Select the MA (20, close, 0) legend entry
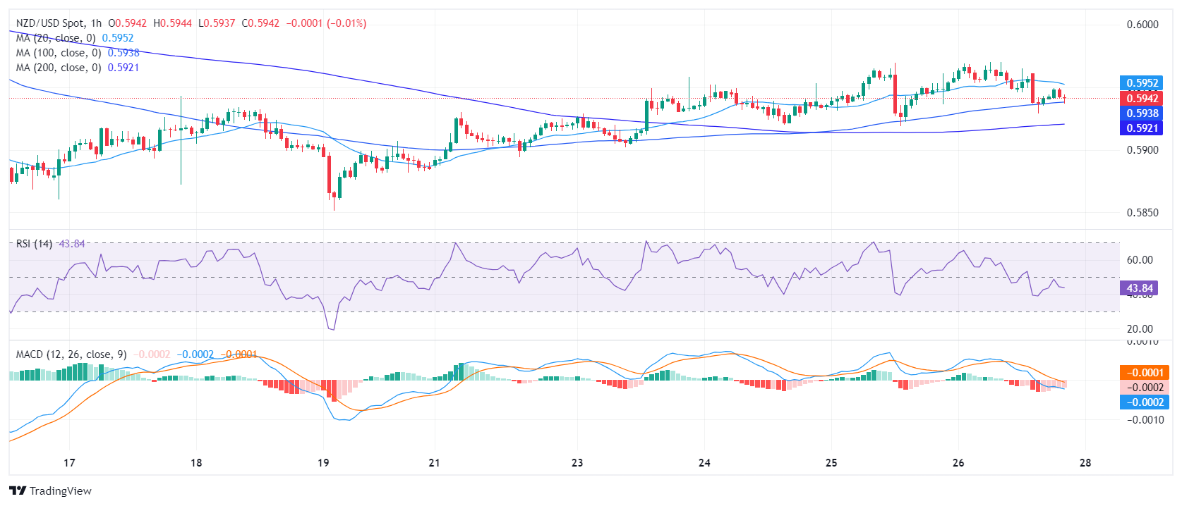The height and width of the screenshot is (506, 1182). (x=55, y=38)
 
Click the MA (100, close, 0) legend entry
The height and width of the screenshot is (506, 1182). (x=58, y=53)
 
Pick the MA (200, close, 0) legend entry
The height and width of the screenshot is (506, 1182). (x=58, y=68)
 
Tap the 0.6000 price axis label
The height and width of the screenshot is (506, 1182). (x=1142, y=25)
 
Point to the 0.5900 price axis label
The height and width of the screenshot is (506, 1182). (x=1142, y=150)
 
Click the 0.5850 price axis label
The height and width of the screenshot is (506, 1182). (x=1142, y=213)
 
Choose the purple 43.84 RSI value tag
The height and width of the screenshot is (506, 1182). (x=1139, y=288)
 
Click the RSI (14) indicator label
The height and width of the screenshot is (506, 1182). (x=34, y=244)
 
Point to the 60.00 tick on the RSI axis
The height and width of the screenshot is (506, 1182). (x=1140, y=260)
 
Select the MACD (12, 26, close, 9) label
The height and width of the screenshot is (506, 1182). (x=71, y=354)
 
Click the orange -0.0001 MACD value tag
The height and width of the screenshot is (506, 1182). (x=1144, y=373)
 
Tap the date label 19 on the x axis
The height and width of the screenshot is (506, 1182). (x=323, y=463)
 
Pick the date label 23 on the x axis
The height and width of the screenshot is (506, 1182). (x=577, y=463)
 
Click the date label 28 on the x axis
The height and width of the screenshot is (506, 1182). (x=1085, y=463)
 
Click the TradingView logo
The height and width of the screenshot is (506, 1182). (x=51, y=491)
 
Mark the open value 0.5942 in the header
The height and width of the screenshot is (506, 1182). (x=131, y=23)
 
